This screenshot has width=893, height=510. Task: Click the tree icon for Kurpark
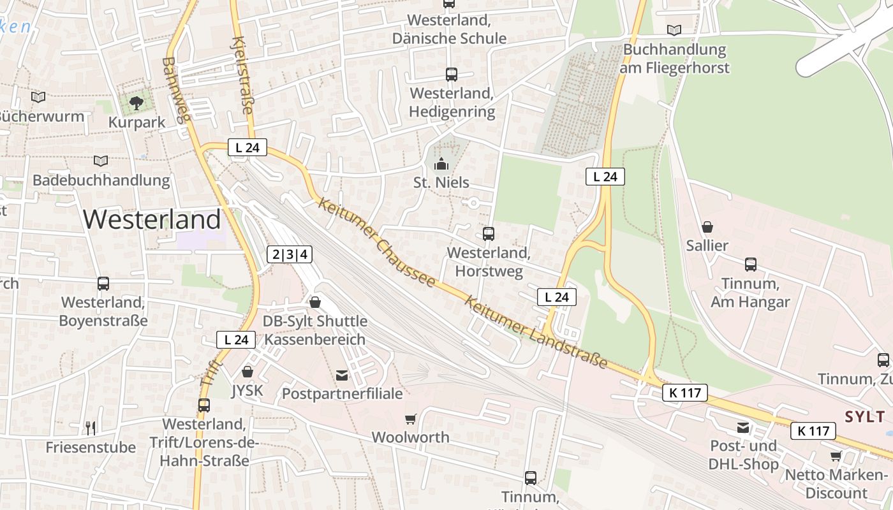(136, 102)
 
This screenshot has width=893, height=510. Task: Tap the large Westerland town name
(152, 219)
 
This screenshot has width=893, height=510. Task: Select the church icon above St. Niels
(441, 164)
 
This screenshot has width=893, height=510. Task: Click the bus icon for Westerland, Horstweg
(488, 233)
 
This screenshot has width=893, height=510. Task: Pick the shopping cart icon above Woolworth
(410, 419)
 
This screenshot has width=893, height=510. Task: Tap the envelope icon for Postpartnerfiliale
(342, 375)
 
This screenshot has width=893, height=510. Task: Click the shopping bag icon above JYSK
(247, 371)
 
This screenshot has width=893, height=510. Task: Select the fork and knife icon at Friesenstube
(91, 428)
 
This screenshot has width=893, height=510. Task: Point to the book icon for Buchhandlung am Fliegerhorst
(674, 30)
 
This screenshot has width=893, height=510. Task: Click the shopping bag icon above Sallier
(707, 226)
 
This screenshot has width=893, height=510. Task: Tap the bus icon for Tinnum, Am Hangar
(750, 264)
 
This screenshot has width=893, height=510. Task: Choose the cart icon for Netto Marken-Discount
(836, 456)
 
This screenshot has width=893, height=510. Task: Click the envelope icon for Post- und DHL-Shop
(743, 427)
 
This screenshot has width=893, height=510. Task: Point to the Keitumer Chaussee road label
(376, 242)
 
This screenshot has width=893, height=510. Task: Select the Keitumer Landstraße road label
(536, 332)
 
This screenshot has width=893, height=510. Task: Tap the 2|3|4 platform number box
(290, 255)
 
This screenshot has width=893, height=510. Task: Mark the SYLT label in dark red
(865, 417)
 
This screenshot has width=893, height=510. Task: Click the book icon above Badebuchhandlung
(101, 161)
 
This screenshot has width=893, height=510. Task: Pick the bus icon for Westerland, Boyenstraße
(103, 283)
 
